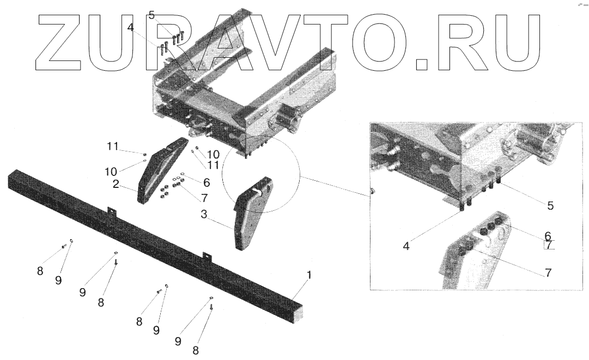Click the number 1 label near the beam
click(309, 276)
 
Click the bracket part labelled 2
click(158, 170)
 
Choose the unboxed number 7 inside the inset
click(548, 272)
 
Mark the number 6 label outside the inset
click(207, 182)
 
